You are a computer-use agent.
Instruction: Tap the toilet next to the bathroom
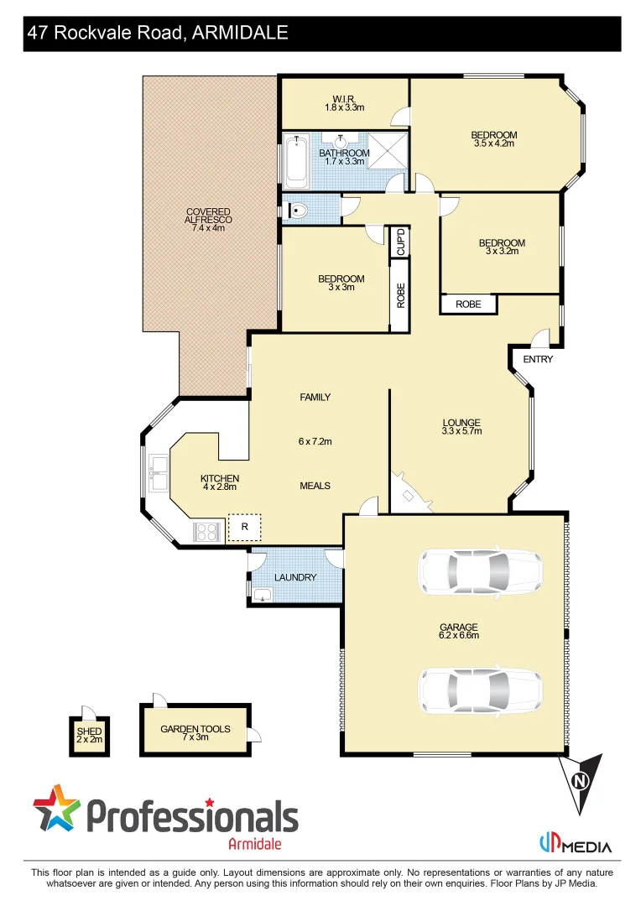(294, 210)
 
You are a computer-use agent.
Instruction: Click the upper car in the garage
(480, 572)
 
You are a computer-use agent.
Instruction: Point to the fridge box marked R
(244, 527)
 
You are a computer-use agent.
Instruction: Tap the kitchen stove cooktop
(206, 531)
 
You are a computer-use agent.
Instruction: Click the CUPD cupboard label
(400, 242)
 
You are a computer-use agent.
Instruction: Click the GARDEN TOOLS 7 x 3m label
(195, 733)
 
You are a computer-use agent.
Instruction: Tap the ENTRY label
(538, 359)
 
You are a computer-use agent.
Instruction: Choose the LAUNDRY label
(295, 577)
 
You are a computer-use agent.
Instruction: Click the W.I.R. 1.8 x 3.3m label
(343, 103)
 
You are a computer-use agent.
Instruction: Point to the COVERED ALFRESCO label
(208, 220)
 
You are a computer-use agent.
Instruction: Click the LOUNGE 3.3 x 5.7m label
(461, 427)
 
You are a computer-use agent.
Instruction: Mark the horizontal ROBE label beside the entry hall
(468, 304)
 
